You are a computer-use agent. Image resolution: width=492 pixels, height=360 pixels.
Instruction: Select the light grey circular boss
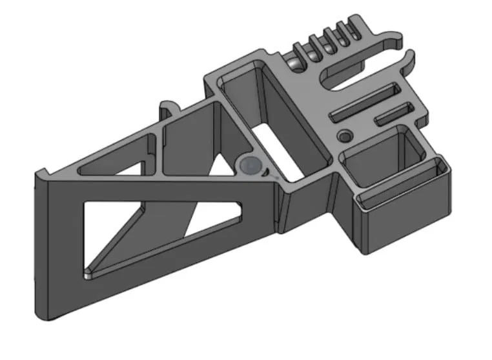coord(249,166)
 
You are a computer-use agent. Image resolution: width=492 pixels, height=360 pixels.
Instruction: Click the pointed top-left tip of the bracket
coord(40,173)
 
